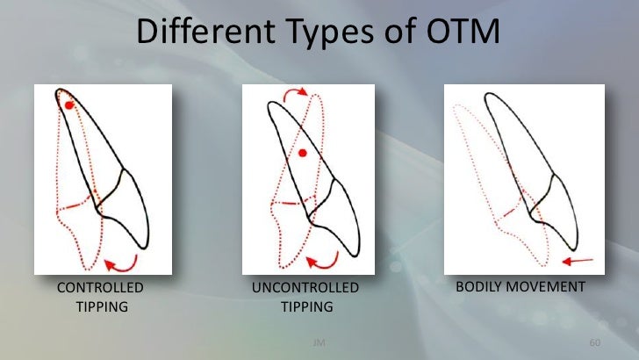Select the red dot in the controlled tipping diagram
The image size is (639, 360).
[69, 105]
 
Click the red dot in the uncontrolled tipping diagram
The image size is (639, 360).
[302, 154]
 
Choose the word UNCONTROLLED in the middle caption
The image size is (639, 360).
[305, 288]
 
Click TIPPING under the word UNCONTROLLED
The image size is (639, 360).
[305, 306]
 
